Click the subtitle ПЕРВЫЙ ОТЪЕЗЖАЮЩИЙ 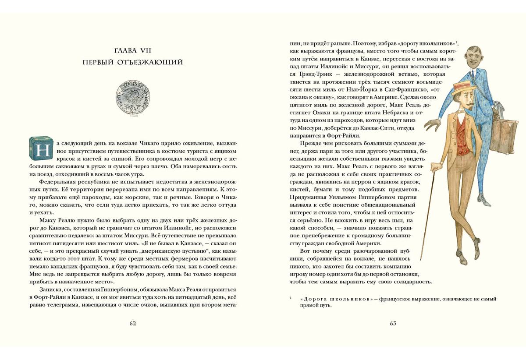pyautogui.click(x=133, y=63)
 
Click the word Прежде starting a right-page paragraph pyautogui.click(x=311, y=143)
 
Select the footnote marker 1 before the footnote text pyautogui.click(x=291, y=298)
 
